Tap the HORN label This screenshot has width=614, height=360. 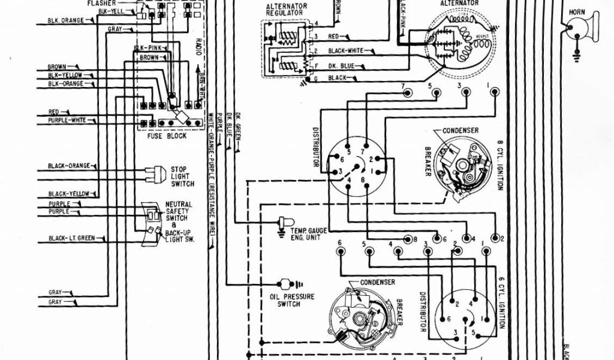click(577, 11)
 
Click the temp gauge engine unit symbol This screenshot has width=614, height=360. click(282, 222)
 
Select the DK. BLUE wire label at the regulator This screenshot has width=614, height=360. click(341, 65)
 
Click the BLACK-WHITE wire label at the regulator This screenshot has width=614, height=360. click(343, 50)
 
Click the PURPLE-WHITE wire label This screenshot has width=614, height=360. click(67, 121)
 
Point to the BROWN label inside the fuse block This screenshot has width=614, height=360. click(149, 58)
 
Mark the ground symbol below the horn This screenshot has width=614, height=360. click(577, 56)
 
